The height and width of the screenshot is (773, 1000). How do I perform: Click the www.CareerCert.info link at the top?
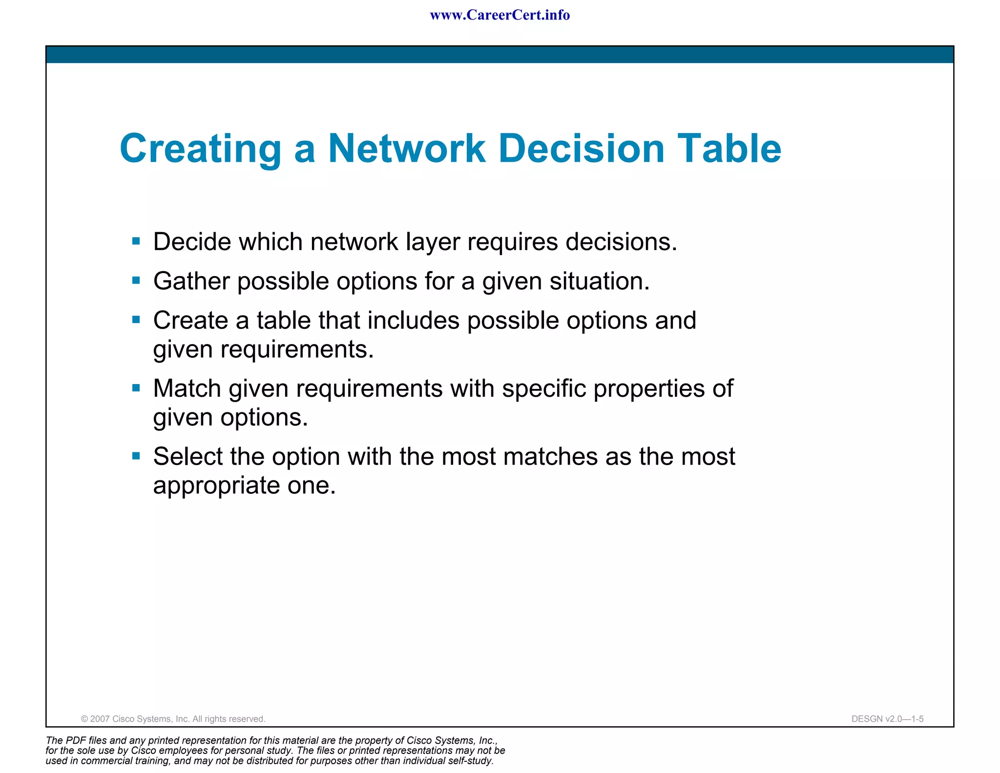(500, 15)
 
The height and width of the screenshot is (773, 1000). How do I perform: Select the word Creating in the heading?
(201, 149)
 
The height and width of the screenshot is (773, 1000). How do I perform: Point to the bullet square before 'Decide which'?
(136, 241)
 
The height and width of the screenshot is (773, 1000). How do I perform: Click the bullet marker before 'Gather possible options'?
(136, 280)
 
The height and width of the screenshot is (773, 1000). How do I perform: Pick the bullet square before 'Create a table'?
(136, 320)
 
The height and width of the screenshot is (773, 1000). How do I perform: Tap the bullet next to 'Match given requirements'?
(136, 388)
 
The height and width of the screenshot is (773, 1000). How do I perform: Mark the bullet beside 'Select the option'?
(136, 456)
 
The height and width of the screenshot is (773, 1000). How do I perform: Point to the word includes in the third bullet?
(414, 321)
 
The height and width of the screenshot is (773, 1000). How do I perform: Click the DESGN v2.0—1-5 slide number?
(887, 719)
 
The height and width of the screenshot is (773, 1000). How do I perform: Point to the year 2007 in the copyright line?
(100, 719)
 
